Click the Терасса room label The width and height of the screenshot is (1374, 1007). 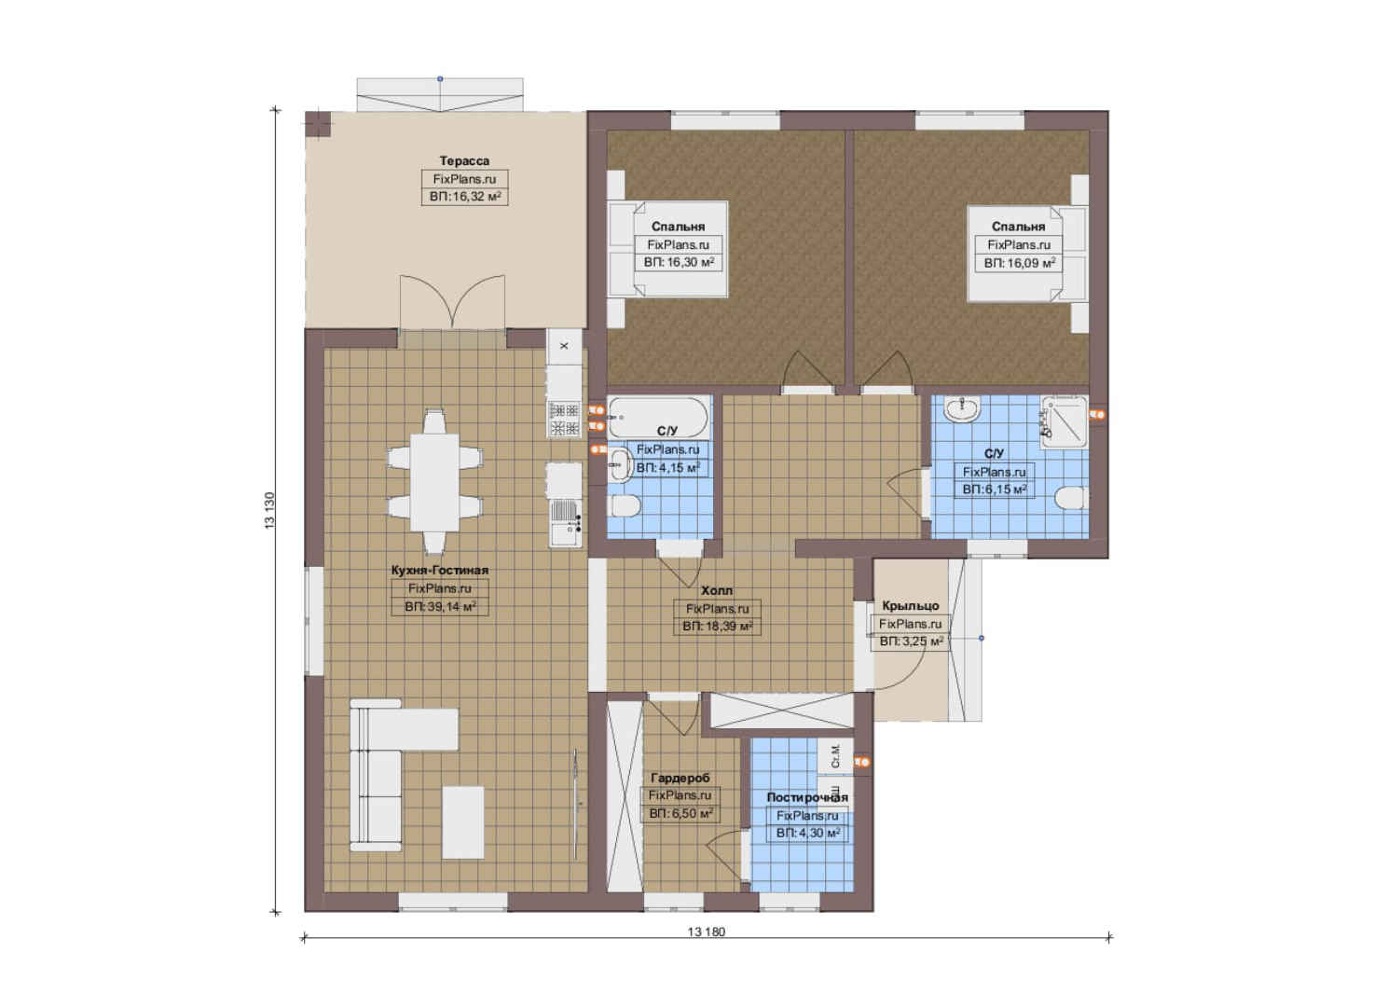[x=464, y=160]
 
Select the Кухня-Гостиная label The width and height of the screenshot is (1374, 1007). [x=440, y=570]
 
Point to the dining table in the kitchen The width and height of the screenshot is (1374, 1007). [x=434, y=482]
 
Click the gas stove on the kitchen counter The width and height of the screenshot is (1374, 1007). [x=564, y=420]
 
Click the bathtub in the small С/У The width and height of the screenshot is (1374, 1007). [x=657, y=418]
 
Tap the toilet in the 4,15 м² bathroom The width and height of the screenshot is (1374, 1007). [x=624, y=506]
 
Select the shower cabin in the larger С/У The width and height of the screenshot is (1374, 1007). [x=1064, y=421]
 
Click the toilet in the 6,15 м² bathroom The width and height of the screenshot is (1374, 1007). [x=1072, y=498]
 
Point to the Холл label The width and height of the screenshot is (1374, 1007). [x=717, y=590]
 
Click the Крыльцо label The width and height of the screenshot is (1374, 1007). [x=911, y=606]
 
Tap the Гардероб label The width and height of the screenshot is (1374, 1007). [x=680, y=778]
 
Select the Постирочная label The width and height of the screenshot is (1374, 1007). [x=807, y=797]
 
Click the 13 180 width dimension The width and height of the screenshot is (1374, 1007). [x=706, y=931]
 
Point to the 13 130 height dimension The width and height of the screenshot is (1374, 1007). [x=269, y=511]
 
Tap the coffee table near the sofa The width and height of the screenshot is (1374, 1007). [x=463, y=822]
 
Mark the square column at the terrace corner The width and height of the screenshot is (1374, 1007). [x=318, y=124]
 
